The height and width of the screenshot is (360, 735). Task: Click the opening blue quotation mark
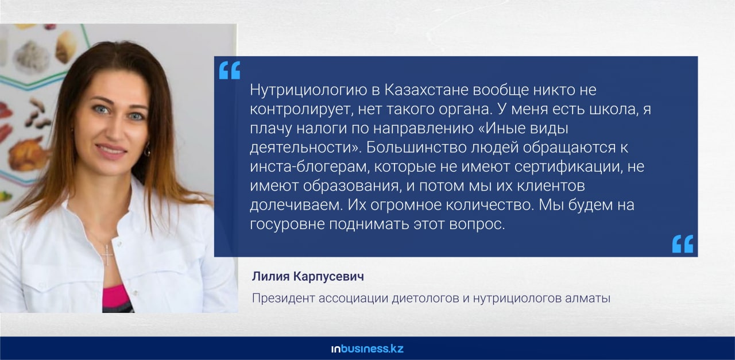tap(229, 70)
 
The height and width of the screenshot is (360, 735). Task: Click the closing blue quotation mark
tap(683, 244)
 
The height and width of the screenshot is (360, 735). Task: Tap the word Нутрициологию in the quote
tap(308, 91)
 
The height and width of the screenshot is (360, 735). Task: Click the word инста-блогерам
tap(310, 167)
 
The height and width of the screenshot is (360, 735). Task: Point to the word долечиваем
tap(296, 205)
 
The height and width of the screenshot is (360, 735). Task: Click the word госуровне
tap(287, 224)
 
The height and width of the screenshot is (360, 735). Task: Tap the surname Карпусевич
tap(328, 277)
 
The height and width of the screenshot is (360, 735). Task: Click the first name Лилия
tap(270, 277)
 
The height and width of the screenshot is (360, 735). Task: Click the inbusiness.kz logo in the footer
tap(367, 349)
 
